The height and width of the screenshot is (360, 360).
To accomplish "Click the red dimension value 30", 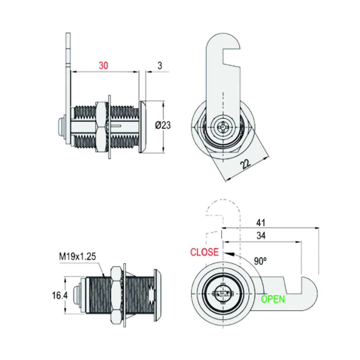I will tap(103, 66).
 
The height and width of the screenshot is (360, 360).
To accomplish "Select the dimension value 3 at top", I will tap(160, 66).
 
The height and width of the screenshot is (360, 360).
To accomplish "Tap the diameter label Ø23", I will tap(163, 125).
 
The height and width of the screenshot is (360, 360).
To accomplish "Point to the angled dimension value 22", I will tap(246, 164).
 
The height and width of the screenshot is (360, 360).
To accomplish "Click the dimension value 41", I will tap(261, 223).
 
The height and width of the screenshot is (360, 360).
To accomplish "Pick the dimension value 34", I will tap(261, 236).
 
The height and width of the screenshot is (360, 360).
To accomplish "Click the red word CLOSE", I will tap(204, 252).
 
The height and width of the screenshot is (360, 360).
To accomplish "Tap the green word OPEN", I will tap(272, 299).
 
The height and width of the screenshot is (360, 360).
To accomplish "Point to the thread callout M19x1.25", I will tap(77, 256).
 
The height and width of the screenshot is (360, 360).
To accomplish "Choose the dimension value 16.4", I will tap(60, 295).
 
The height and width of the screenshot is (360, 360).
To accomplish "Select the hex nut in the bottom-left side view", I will tap(117, 295).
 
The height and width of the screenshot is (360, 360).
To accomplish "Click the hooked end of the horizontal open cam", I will tap(310, 294).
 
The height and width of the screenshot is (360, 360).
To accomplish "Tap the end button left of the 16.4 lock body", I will tap(77, 295).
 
